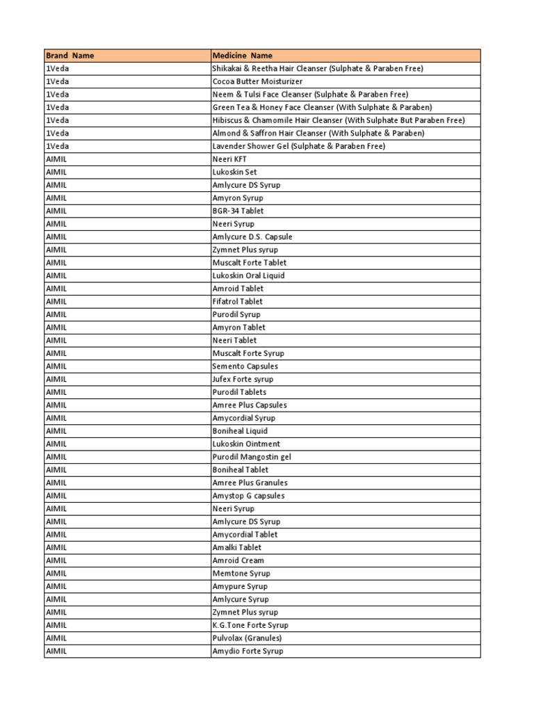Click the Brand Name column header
(70, 56)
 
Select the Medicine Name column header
(242, 56)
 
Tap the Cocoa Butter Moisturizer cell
(257, 81)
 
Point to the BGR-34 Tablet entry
(238, 211)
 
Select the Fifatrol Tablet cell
(237, 302)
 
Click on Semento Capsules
(245, 366)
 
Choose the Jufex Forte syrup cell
(243, 379)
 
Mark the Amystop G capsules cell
(248, 496)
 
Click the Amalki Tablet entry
(236, 547)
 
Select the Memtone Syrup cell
(241, 574)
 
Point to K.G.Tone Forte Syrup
(250, 625)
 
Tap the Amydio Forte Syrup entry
(248, 651)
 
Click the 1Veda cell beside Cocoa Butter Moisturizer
(57, 81)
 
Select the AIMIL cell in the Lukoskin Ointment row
(56, 444)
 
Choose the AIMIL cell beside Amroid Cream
(56, 560)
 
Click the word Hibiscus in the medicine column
(227, 120)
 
